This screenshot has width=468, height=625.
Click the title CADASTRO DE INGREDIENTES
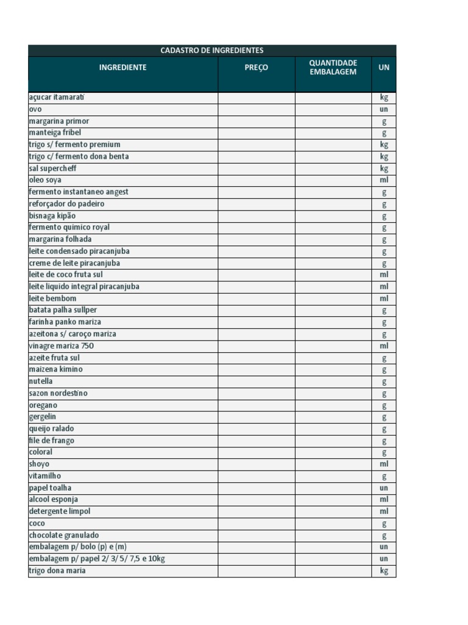tap(211, 51)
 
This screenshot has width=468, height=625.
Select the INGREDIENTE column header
tap(122, 68)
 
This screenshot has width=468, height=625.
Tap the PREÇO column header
tap(256, 68)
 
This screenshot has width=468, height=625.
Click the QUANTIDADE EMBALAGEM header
tap(333, 68)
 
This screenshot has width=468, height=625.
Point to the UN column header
tap(383, 68)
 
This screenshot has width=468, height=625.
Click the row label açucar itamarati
tap(57, 97)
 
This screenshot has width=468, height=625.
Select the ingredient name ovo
tap(35, 109)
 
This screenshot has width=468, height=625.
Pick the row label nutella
tap(41, 381)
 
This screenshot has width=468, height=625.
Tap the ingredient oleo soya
tap(45, 180)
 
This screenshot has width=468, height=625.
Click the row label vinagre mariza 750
tap(61, 346)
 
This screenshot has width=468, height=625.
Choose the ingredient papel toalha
tap(50, 488)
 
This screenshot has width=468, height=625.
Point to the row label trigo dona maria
tap(57, 571)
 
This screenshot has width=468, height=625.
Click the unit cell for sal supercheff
tap(383, 168)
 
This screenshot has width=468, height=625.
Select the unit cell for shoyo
tap(383, 464)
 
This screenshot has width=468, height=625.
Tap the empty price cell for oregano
tap(256, 405)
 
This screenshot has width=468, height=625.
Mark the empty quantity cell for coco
tap(333, 524)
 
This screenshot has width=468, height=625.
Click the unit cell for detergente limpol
tap(383, 511)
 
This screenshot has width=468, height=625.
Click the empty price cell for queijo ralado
tap(256, 429)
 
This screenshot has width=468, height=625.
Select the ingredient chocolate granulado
tap(63, 535)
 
